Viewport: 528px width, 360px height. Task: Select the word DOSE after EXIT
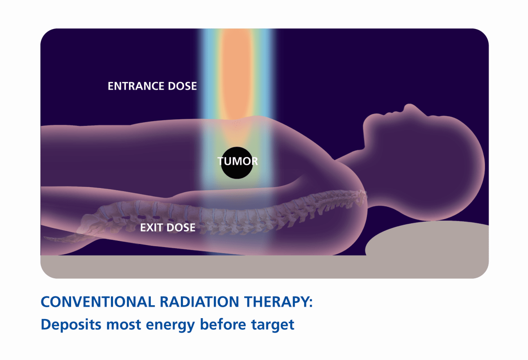pos(181,227)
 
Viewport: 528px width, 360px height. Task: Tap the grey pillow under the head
pos(430,238)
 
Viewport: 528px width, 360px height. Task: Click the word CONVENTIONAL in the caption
pos(98,302)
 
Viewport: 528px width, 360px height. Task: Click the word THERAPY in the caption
pos(277,302)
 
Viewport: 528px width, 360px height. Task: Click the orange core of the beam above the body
pos(236,70)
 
